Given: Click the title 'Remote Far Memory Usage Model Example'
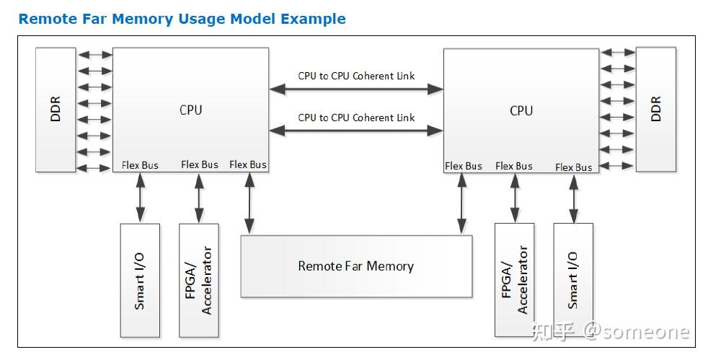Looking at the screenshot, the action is [182, 19].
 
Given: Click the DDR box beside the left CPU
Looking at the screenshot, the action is [56, 110].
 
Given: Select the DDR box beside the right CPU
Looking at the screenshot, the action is [656, 110].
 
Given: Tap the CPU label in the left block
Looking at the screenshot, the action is [190, 110].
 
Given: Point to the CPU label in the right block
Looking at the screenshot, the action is [521, 110].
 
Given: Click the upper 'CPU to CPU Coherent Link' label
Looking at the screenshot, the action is [356, 76].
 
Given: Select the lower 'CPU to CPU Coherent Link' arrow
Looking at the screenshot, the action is [356, 131].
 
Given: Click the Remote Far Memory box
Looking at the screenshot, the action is [356, 266].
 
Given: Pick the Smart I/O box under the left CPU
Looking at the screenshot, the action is [140, 281].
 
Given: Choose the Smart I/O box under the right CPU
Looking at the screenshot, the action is [573, 280].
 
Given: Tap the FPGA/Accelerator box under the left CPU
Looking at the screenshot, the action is [199, 281].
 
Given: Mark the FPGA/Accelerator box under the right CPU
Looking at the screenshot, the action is [515, 280].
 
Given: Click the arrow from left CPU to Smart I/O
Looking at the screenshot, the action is [141, 198].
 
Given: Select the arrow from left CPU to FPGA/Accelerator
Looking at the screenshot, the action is [199, 198].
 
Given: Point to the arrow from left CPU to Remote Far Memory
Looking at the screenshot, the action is [249, 203].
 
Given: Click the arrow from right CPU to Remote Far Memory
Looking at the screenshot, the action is [461, 203].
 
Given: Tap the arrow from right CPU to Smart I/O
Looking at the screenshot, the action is [573, 198].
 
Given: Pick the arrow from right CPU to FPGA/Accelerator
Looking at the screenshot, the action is [515, 198].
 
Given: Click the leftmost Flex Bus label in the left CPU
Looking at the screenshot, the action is [140, 165].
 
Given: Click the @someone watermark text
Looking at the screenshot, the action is [637, 332].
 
